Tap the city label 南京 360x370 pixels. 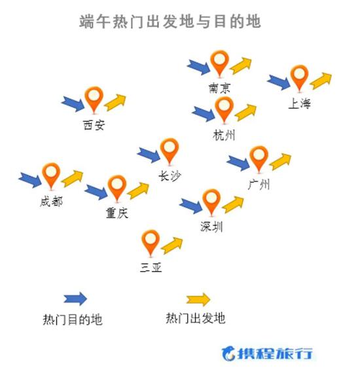219,88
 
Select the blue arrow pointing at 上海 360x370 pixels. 279,83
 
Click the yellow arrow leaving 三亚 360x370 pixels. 171,246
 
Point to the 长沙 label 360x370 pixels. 170,176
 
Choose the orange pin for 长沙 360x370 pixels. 170,151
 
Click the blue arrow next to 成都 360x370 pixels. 30,180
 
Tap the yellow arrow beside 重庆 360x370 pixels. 138,191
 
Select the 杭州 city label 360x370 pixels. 224,136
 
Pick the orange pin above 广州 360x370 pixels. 259,159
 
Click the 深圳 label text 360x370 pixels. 211,227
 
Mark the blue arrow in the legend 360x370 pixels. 75,299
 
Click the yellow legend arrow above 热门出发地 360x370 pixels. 198,300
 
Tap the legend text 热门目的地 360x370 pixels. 73,320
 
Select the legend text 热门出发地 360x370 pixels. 196,318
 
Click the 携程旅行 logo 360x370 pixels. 267,354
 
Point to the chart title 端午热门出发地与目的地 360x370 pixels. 170,22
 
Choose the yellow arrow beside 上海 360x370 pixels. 321,81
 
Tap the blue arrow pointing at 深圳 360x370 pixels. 190,206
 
